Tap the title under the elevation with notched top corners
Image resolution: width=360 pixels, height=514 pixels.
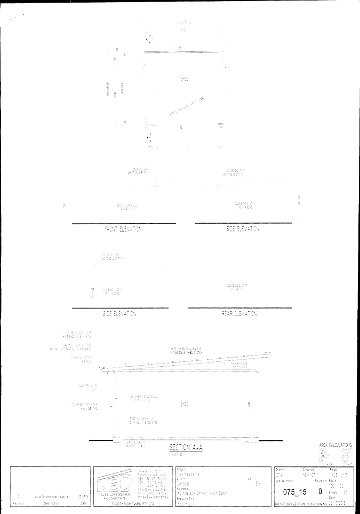[239, 314]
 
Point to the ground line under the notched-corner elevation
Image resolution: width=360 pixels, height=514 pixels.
[239, 308]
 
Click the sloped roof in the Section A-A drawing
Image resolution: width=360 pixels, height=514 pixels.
[187, 363]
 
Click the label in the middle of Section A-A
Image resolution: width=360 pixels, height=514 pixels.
[184, 404]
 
